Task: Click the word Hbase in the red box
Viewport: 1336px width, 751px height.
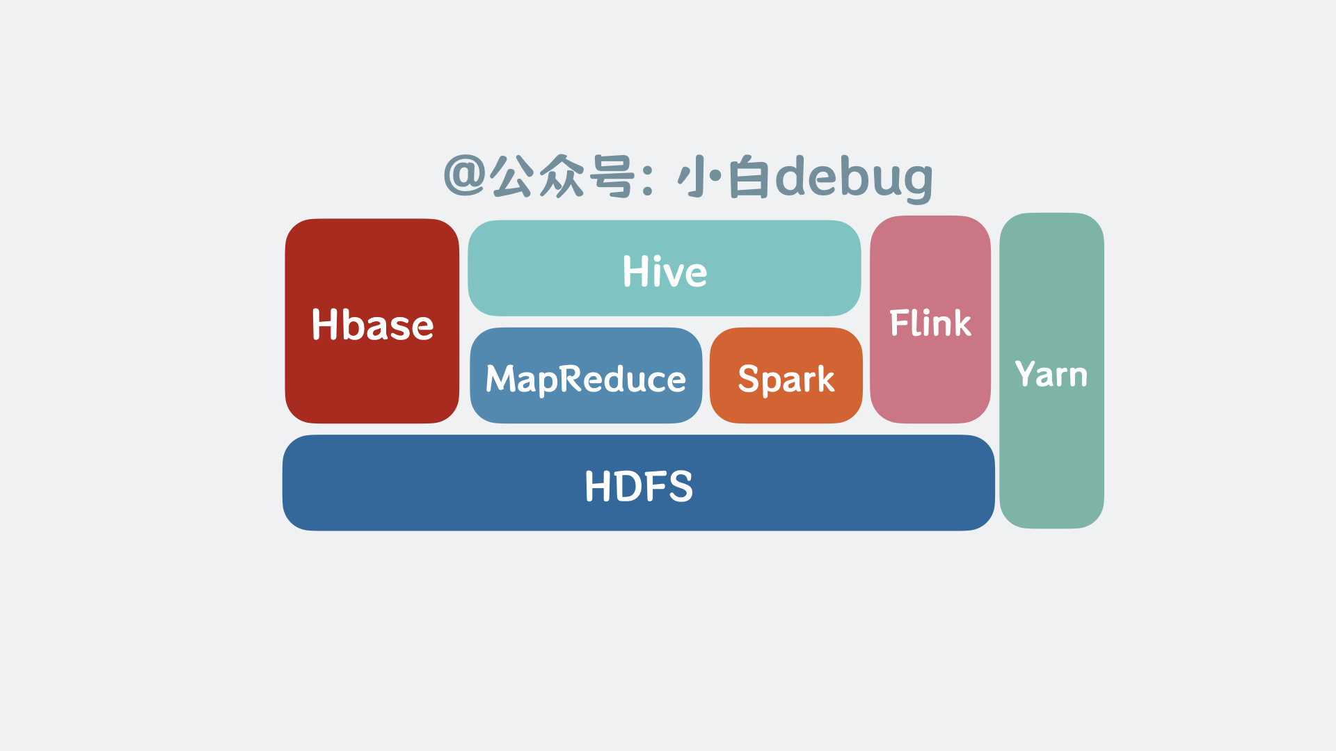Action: tap(372, 325)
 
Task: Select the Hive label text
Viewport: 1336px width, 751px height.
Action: tap(665, 271)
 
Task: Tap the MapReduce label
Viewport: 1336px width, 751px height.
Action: tap(586, 379)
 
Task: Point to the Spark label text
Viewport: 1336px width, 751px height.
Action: tap(786, 379)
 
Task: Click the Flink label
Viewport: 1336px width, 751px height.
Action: tap(930, 323)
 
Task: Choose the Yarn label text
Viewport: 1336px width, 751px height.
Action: tap(1051, 374)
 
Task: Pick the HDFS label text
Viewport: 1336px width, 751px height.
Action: tap(639, 485)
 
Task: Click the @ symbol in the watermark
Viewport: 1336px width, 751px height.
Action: tap(464, 175)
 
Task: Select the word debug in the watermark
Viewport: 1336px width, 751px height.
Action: tap(854, 178)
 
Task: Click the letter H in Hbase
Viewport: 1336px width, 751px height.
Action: tap(325, 324)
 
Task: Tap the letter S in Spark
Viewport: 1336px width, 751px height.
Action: tap(748, 379)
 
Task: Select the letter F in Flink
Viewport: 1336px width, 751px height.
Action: tap(899, 323)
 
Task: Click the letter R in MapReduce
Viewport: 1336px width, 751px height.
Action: tap(571, 378)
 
